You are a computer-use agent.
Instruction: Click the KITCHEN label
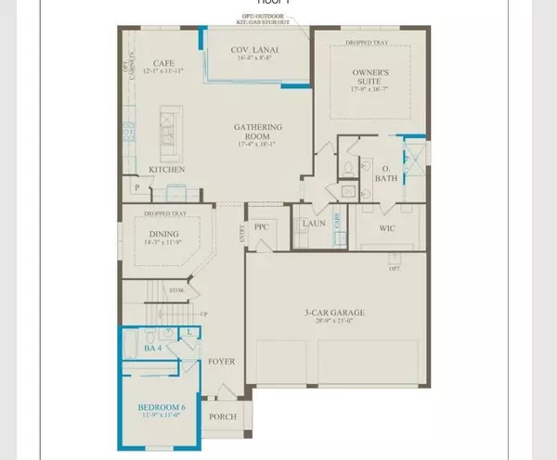(x=167, y=170)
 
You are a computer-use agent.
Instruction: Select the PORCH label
(x=223, y=416)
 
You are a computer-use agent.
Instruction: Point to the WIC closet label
(x=387, y=226)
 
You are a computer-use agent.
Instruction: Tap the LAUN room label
(x=310, y=224)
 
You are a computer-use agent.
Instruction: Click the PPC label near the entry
(x=262, y=225)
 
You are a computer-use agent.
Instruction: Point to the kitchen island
(x=168, y=134)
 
